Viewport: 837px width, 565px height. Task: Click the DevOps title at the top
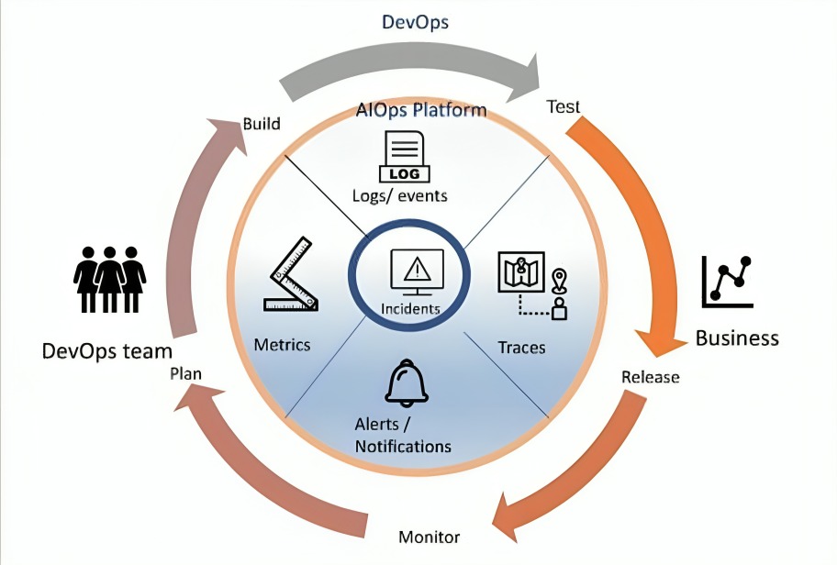415,22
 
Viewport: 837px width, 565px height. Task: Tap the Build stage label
261,123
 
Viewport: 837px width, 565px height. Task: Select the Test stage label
563,105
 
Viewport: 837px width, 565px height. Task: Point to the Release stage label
650,377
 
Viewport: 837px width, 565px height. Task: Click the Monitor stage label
429,537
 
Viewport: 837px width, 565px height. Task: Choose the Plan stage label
186,373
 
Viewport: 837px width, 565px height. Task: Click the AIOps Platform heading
421,111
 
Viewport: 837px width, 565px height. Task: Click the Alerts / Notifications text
403,436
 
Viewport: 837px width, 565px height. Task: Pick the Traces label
521,348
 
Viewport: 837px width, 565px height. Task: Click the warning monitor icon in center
416,270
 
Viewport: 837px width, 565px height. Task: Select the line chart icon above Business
728,281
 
